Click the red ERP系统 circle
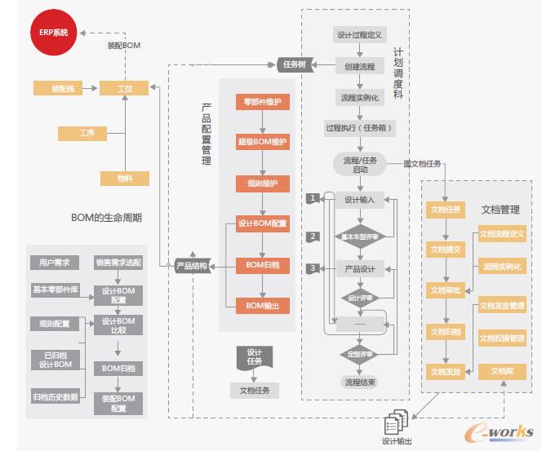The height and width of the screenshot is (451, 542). coord(54,33)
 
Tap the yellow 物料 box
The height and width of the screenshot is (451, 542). coord(122,179)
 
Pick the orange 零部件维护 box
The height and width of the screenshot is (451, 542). coord(262,103)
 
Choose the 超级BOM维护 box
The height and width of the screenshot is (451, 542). coord(262,144)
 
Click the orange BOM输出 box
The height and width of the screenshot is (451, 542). coord(262,306)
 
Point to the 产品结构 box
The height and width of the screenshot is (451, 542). coord(192,266)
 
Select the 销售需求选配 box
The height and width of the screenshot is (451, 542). coord(118,263)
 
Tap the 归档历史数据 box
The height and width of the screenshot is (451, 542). coord(55,397)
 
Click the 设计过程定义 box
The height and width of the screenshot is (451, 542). coord(360,35)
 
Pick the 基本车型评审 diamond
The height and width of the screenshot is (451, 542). coord(360,237)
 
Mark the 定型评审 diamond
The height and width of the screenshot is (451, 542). coord(360,355)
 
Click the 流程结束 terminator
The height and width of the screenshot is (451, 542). coord(360,381)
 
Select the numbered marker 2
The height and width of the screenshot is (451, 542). coord(312,237)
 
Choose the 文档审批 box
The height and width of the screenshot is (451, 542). coord(446,290)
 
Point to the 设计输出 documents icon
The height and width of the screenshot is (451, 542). coord(397,422)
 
